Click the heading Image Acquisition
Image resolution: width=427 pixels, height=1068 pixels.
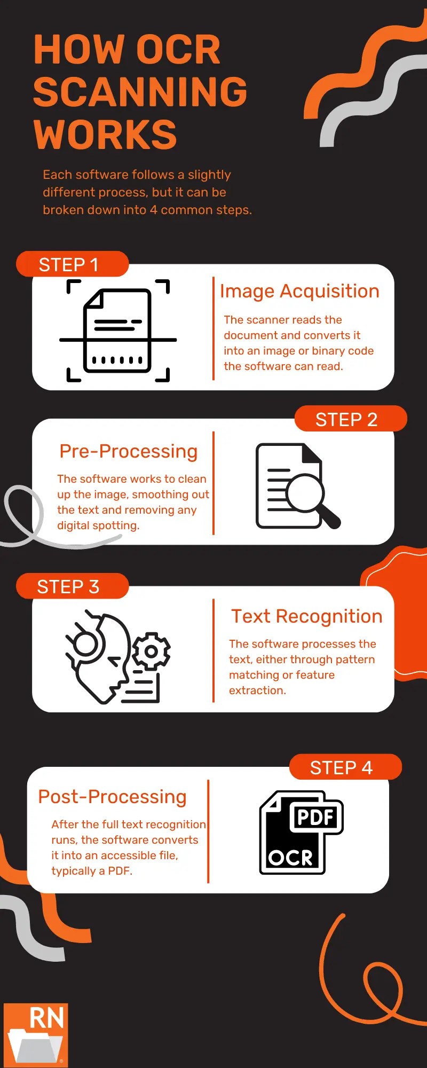(299, 291)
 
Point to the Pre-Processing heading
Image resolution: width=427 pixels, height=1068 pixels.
(128, 451)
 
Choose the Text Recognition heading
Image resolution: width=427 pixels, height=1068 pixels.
(306, 616)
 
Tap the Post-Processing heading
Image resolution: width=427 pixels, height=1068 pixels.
(112, 797)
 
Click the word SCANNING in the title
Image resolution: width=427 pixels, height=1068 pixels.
(140, 92)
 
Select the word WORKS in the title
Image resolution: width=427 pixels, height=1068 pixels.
(105, 135)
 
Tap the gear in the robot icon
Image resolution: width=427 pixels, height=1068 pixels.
(151, 651)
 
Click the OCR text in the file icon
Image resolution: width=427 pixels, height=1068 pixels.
(291, 857)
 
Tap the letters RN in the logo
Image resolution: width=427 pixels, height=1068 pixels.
(46, 1018)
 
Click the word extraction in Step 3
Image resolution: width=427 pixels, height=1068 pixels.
(257, 690)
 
